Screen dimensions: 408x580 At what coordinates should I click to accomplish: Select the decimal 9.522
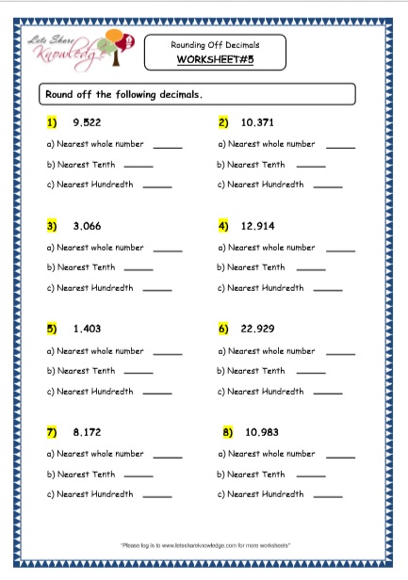point(87,122)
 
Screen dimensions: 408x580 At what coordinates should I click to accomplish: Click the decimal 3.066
point(87,226)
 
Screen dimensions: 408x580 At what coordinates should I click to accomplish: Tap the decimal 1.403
point(87,330)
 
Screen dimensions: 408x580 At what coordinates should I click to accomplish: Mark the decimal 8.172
point(87,434)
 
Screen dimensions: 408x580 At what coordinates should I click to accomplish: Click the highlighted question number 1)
point(51,122)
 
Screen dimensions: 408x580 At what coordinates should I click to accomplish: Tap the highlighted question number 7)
point(51,434)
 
